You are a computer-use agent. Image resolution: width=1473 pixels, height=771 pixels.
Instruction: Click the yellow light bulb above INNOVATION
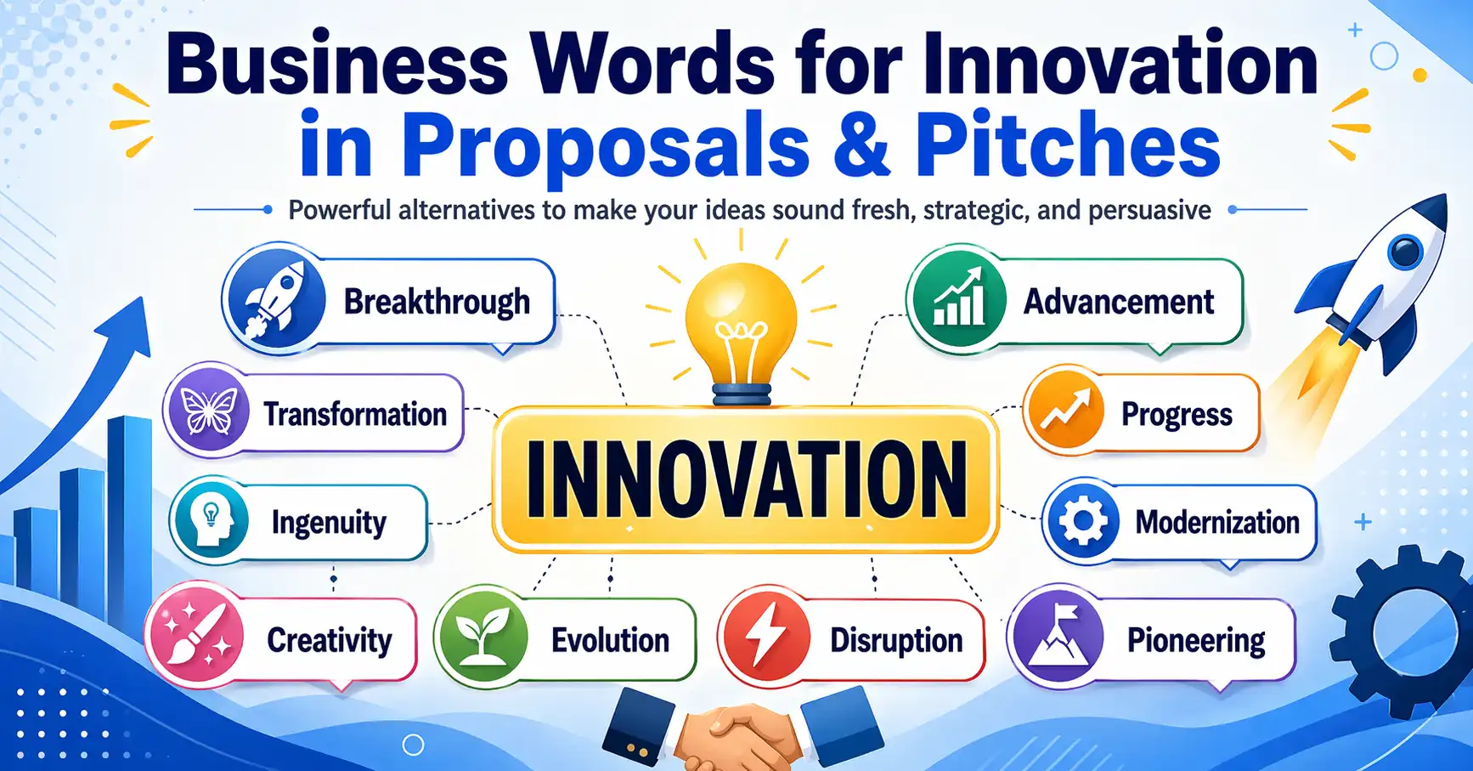coord(741,327)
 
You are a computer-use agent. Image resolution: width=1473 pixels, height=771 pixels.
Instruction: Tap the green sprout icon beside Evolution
coord(482,638)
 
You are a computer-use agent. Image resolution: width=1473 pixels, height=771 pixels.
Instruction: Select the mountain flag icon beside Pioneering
coord(1058,638)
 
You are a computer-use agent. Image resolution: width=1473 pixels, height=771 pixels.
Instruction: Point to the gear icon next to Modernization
coord(1082,521)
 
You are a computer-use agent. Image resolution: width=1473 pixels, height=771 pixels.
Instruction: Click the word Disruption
coord(896,640)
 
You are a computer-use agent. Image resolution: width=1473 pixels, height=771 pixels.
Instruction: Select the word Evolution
coord(610,640)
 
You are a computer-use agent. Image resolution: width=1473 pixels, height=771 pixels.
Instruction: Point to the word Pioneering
coord(1196,641)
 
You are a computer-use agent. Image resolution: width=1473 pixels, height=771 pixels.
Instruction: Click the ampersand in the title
coord(861,145)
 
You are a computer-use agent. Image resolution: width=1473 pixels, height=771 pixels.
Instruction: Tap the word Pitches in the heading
coord(1068,145)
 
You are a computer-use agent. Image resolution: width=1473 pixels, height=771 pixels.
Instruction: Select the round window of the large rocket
coord(1406,252)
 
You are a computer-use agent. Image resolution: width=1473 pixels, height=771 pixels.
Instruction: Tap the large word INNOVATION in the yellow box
coord(746,479)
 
